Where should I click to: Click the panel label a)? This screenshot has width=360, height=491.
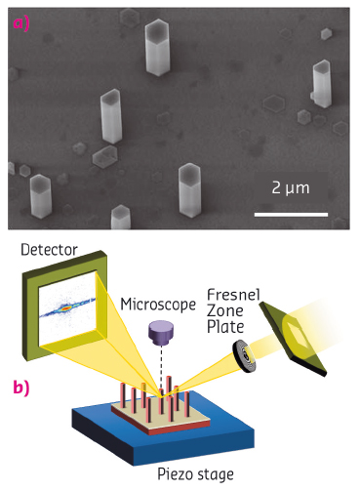point(20,22)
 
